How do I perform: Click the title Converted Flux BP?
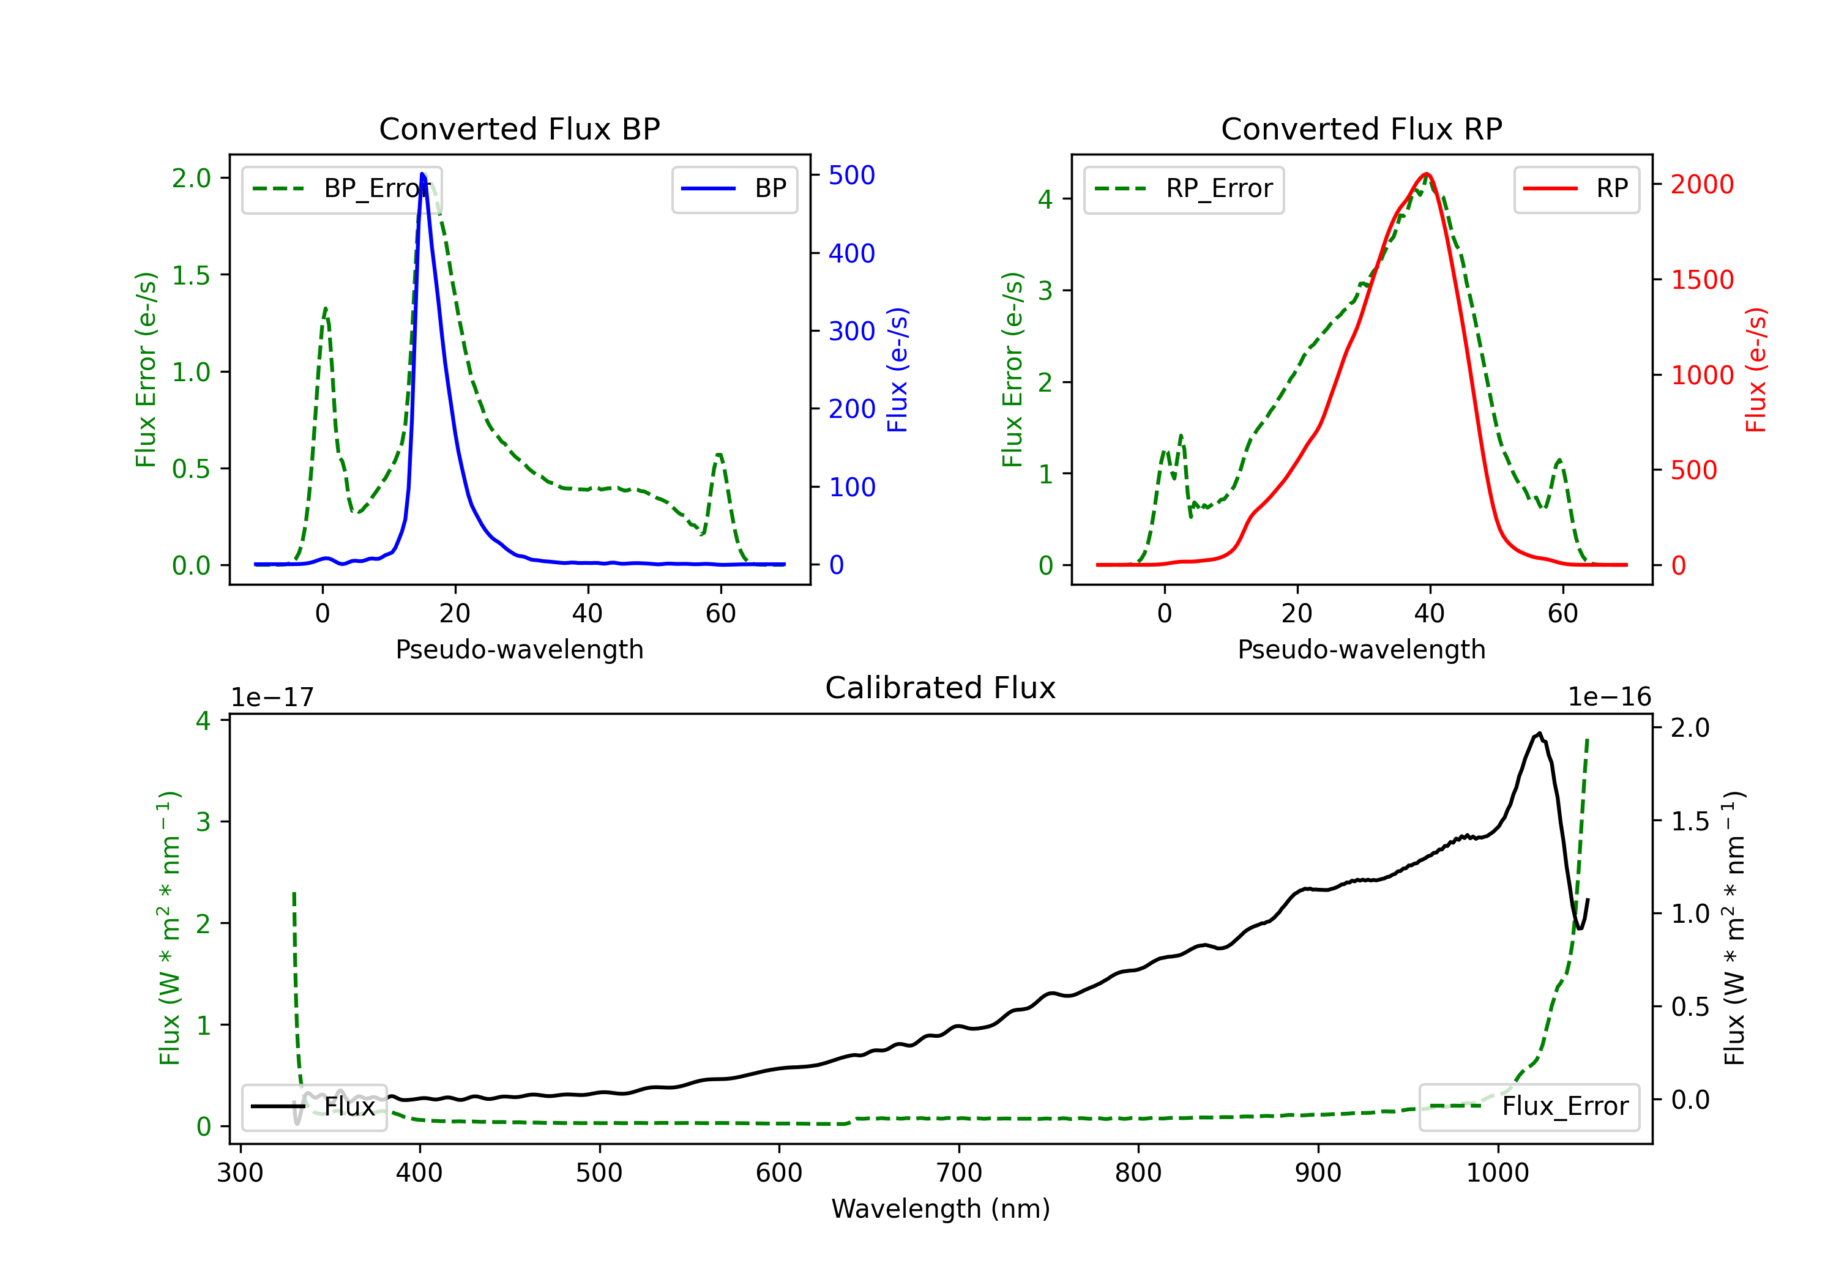(x=519, y=128)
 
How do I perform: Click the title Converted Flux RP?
(x=1361, y=128)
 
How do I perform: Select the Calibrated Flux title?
(x=941, y=688)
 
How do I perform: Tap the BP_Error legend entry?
(x=341, y=190)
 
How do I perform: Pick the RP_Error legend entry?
(x=1184, y=190)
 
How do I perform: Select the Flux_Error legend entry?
(x=1529, y=1107)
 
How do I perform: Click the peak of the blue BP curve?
(x=422, y=174)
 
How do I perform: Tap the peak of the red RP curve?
(x=1426, y=174)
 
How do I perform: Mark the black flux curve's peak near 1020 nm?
(x=1539, y=732)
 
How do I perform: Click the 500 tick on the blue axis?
(x=852, y=175)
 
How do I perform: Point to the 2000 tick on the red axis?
(x=1701, y=185)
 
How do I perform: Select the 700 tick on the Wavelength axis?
(x=959, y=1173)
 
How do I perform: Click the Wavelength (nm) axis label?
(x=941, y=1209)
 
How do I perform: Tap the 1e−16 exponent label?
(x=1609, y=698)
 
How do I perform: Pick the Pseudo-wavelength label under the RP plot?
(x=1361, y=649)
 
